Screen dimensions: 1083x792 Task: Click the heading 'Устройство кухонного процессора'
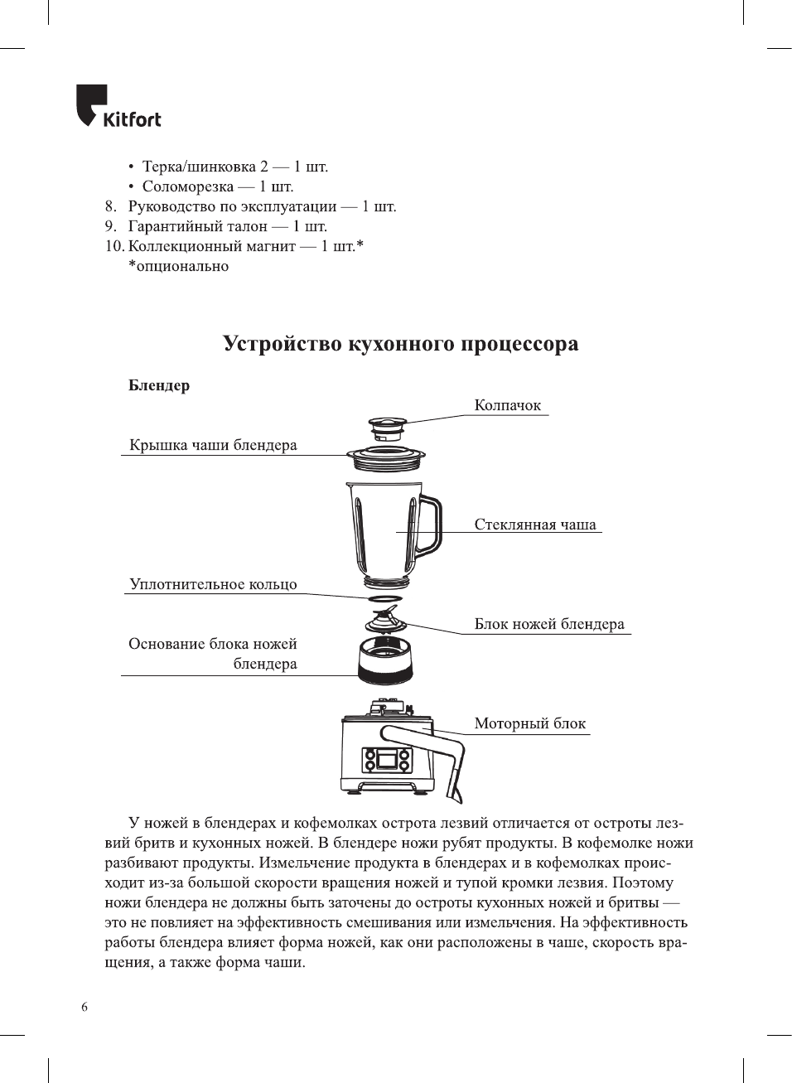(400, 344)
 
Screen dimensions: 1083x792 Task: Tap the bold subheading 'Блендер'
(159, 385)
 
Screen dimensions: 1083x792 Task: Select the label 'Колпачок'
(507, 405)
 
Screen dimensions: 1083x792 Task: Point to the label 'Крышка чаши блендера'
(213, 445)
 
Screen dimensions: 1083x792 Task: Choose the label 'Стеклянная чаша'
(535, 525)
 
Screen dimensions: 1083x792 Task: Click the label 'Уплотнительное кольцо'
(213, 584)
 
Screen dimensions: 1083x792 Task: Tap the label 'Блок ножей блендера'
(549, 624)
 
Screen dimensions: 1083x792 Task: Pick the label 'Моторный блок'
(529, 723)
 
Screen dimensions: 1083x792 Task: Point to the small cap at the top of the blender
(387, 430)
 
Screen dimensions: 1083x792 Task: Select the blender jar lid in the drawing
(385, 456)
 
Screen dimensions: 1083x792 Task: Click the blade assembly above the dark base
(383, 620)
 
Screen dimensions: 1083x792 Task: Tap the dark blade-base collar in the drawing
(385, 660)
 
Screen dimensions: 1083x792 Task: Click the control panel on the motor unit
(386, 760)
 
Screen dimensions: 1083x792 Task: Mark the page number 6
(85, 1007)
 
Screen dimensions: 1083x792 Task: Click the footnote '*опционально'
(178, 266)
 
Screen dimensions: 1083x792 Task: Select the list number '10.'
(114, 246)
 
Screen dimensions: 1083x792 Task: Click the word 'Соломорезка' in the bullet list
(187, 186)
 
